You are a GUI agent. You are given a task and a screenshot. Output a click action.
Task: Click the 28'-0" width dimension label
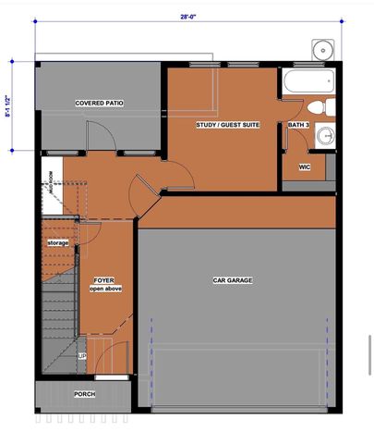coord(187,15)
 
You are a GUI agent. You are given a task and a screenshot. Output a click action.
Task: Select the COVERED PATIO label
coord(99,104)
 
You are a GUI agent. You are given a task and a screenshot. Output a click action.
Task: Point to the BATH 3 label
coord(298,125)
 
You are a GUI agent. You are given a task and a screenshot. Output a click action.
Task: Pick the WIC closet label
coord(304,167)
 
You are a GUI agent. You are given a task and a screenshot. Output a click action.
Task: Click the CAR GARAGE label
coord(232,280)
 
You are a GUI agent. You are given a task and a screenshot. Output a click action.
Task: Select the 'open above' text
coord(105,290)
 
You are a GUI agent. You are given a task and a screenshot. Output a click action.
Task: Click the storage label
coord(58,242)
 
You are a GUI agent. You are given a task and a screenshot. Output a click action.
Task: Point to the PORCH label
coord(84,394)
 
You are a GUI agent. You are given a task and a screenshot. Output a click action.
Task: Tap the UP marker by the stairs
coord(81,356)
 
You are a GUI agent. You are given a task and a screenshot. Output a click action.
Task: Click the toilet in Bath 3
coord(315,107)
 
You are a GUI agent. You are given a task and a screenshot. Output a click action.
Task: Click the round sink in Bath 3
coord(324,138)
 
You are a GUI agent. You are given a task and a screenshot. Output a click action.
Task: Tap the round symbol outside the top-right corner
coord(322,48)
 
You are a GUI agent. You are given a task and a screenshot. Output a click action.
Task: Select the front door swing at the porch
coord(104,356)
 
